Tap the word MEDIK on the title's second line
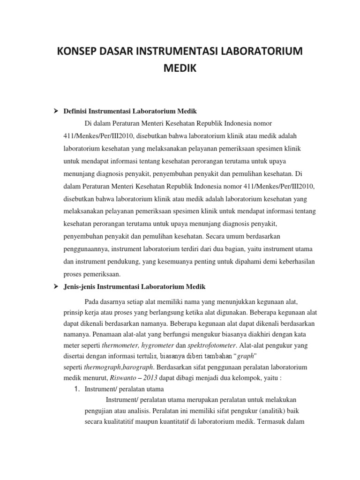coord(180,69)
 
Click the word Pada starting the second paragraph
coord(92,301)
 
